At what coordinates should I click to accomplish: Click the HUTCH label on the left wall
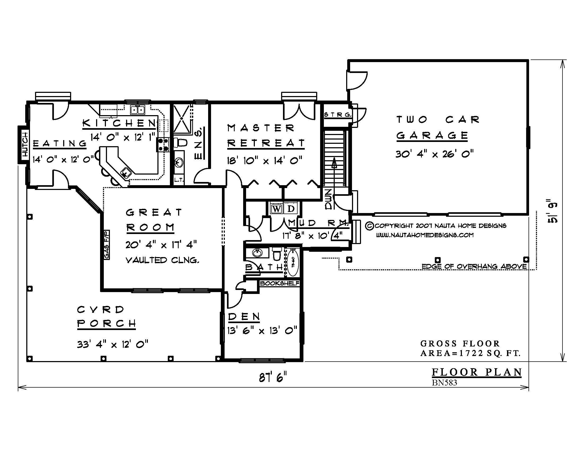[25, 144]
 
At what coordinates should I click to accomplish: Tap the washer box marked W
[277, 209]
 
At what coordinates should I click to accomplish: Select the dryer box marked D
[291, 209]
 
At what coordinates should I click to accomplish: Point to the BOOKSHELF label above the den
[280, 283]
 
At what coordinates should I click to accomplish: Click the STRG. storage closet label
[337, 115]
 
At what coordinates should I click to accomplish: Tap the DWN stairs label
[328, 199]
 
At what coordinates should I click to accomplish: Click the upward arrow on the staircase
[334, 163]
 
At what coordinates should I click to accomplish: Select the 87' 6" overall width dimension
[273, 378]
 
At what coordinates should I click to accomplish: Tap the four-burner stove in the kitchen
[163, 145]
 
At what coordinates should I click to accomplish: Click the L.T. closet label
[179, 180]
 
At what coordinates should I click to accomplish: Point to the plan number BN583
[444, 383]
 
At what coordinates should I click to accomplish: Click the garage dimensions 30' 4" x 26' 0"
[435, 154]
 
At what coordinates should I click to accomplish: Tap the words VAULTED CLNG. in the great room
[162, 260]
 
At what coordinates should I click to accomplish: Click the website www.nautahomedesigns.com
[425, 235]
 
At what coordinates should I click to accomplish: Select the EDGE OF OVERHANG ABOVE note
[474, 266]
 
